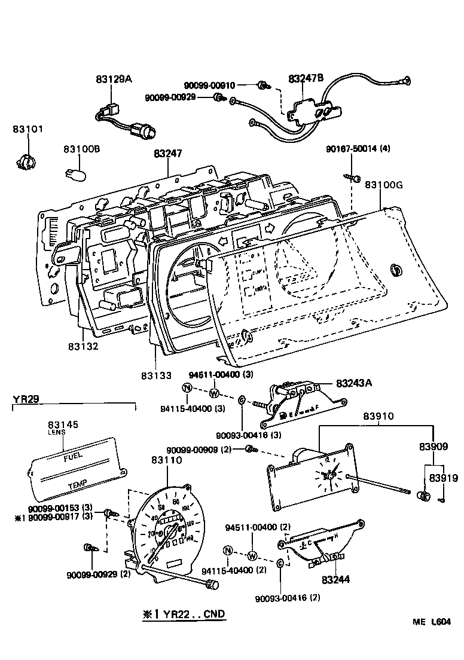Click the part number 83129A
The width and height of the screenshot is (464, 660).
[113, 78]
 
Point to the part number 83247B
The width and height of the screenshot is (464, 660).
[306, 78]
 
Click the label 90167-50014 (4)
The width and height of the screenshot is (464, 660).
[358, 149]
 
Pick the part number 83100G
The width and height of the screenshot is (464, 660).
[384, 185]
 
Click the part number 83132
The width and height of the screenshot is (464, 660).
[83, 346]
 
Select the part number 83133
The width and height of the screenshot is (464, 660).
[157, 375]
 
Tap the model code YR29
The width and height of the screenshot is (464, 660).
[26, 399]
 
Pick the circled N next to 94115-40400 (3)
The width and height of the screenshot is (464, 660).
[187, 389]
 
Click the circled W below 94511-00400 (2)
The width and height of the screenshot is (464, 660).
[252, 555]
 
